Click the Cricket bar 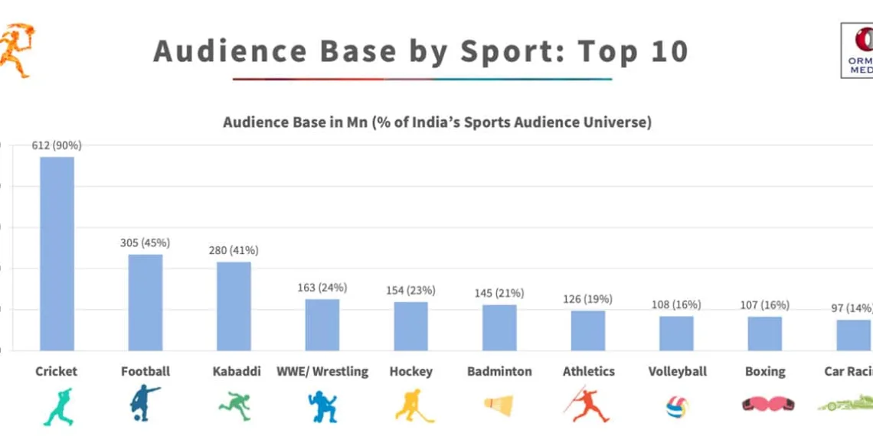(x=57, y=253)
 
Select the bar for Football (x=145, y=302)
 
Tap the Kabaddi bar (x=234, y=306)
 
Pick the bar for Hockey (x=411, y=326)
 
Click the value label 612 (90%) (x=57, y=145)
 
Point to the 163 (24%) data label (x=322, y=288)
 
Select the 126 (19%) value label (x=587, y=299)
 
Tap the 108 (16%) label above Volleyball (x=676, y=304)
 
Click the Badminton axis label (x=499, y=371)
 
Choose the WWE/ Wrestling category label (x=322, y=371)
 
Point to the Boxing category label (x=765, y=371)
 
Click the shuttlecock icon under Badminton (x=499, y=405)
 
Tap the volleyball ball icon (x=677, y=405)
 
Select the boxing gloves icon (x=765, y=405)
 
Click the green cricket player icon (x=57, y=405)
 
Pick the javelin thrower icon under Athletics (x=587, y=405)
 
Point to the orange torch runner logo (x=15, y=50)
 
